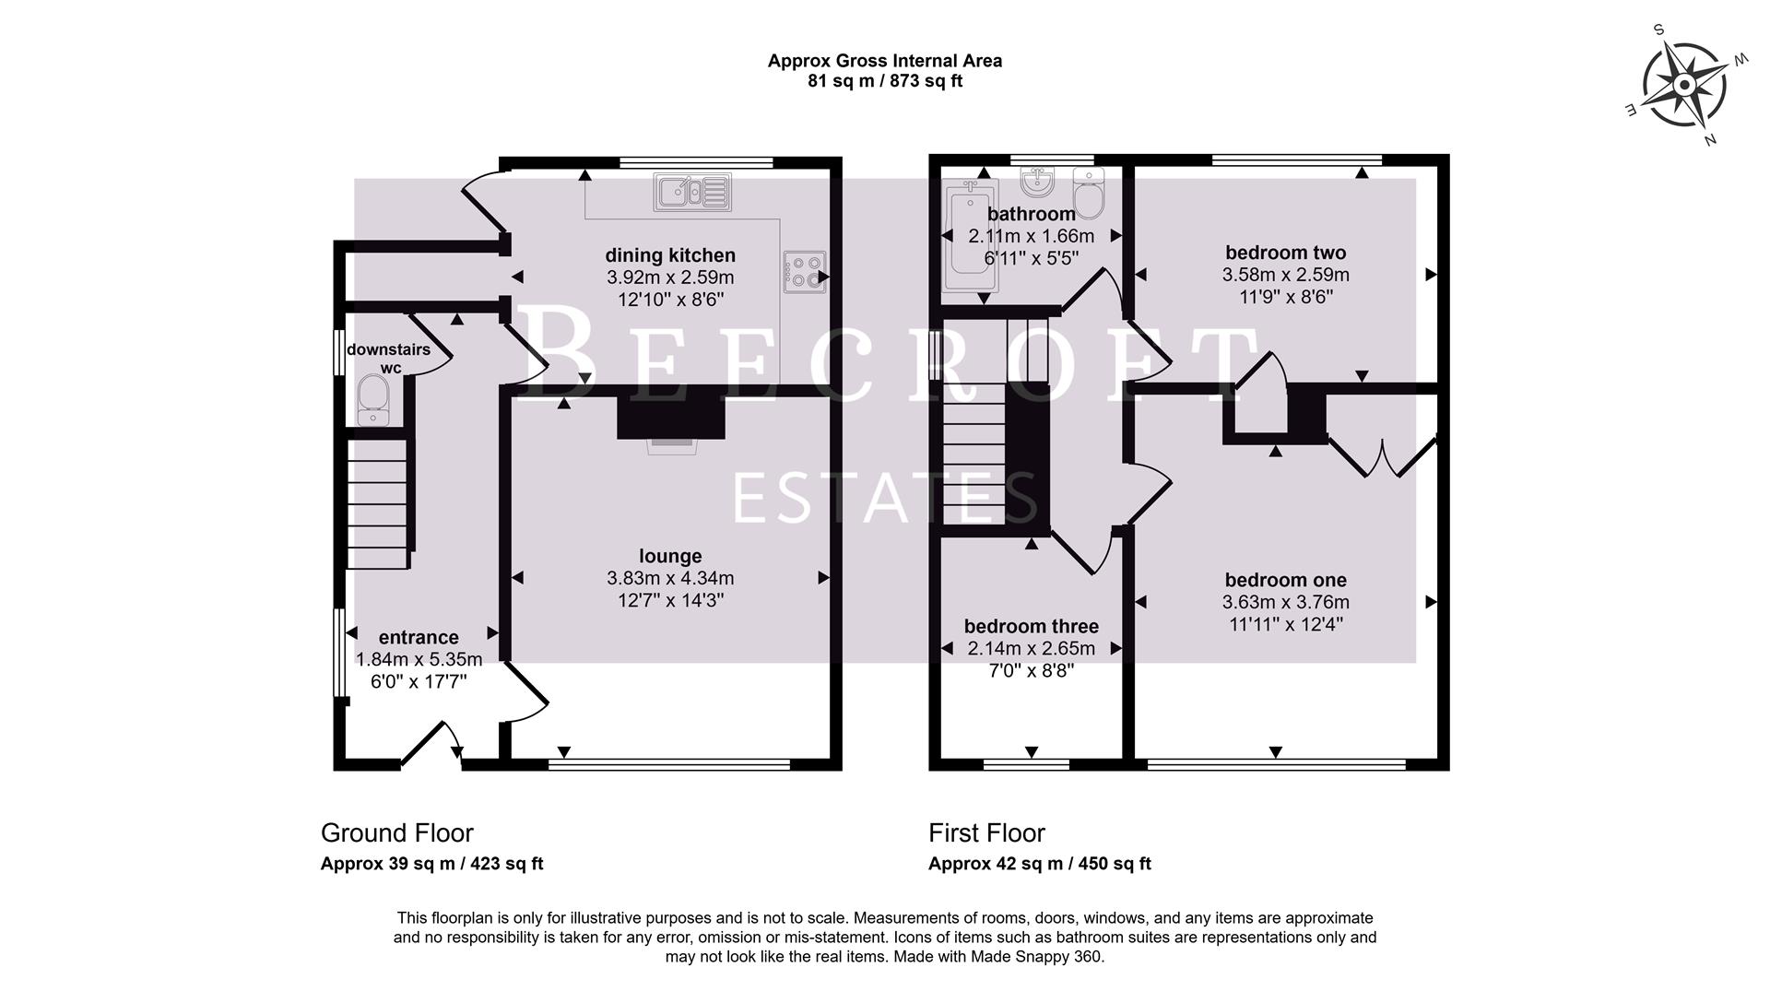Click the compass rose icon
(x=1684, y=87)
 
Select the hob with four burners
(x=803, y=272)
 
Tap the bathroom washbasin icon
(x=1038, y=182)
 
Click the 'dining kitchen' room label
(x=670, y=255)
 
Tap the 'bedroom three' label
(x=1031, y=627)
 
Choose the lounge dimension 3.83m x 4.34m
(x=670, y=579)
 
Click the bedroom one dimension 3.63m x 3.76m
(x=1285, y=603)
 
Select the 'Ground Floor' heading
(x=396, y=833)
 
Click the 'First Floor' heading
(x=986, y=833)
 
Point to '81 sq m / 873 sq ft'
(x=885, y=81)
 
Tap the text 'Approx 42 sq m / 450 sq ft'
(x=1039, y=864)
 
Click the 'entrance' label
(x=419, y=638)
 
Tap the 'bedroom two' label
(x=1285, y=253)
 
